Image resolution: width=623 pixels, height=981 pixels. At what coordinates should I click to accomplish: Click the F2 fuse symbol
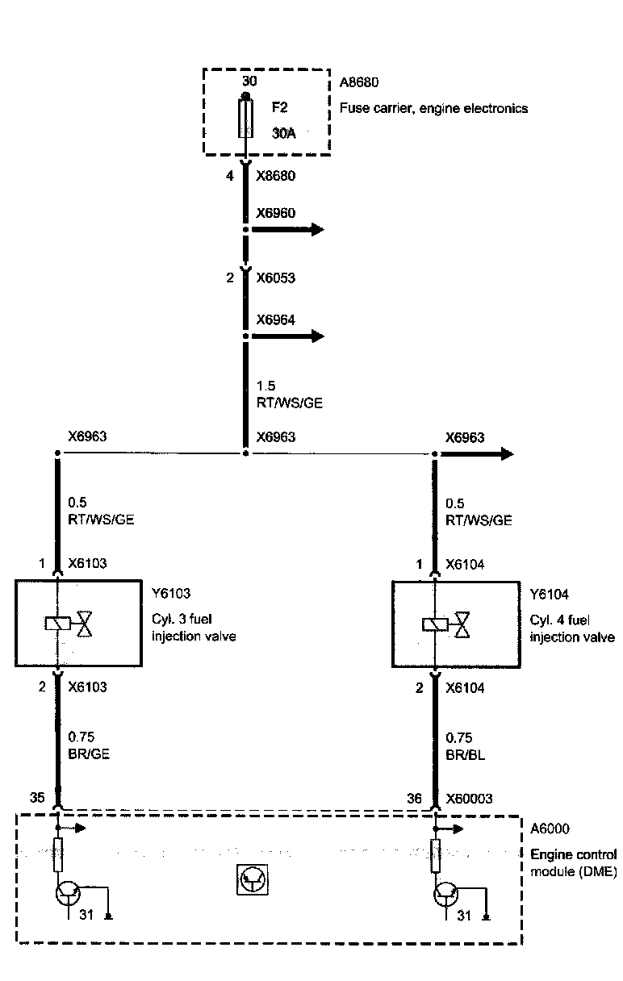(245, 119)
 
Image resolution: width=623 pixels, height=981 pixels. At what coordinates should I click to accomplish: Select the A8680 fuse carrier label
(358, 83)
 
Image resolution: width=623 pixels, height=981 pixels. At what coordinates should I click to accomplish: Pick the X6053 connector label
(275, 278)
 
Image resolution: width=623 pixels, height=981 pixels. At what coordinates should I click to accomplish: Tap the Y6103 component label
(170, 595)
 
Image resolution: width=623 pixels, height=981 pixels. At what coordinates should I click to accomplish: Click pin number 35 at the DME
(37, 799)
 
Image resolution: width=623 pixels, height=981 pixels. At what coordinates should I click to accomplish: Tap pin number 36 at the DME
(415, 799)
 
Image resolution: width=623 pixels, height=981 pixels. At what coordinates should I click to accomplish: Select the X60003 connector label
(470, 799)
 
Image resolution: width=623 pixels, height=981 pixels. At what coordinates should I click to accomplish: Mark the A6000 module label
(549, 829)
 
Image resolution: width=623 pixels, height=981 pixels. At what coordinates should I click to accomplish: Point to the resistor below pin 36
(436, 855)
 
